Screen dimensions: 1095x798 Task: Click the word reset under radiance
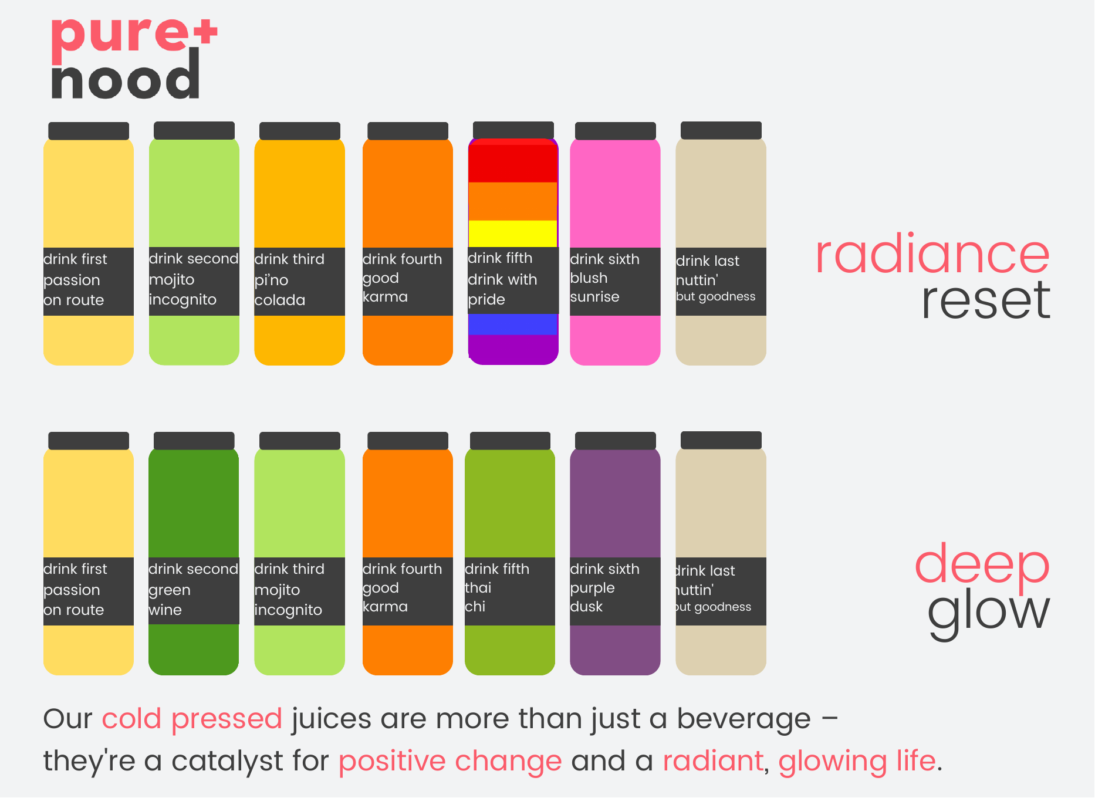pos(986,300)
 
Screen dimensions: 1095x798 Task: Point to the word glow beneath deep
pos(988,613)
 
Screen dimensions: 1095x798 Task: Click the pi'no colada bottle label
pos(299,281)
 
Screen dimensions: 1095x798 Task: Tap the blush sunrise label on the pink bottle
pos(615,281)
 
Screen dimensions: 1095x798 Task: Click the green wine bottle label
pos(194,591)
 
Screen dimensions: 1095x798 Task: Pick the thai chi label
pos(510,591)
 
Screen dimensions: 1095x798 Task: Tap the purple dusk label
pos(615,591)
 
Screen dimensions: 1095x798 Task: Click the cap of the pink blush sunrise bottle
pos(615,130)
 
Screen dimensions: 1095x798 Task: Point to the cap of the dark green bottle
pos(194,441)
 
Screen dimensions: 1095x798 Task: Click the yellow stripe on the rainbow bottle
pos(513,234)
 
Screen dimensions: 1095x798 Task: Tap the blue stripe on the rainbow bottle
pos(513,324)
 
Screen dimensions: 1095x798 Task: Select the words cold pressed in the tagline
pos(192,719)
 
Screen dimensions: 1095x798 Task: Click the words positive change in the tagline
pos(450,762)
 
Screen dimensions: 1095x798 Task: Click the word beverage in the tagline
pos(744,719)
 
